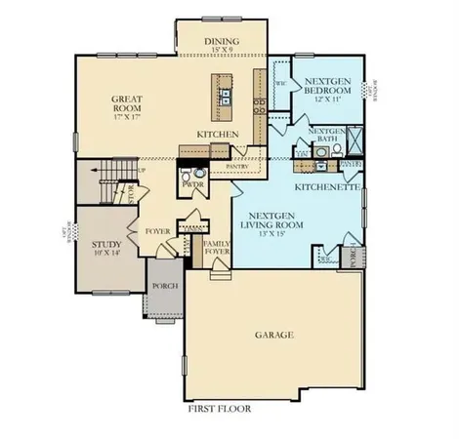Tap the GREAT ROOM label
pos(127,99)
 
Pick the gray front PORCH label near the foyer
pos(162,287)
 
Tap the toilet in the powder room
pos(191,195)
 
